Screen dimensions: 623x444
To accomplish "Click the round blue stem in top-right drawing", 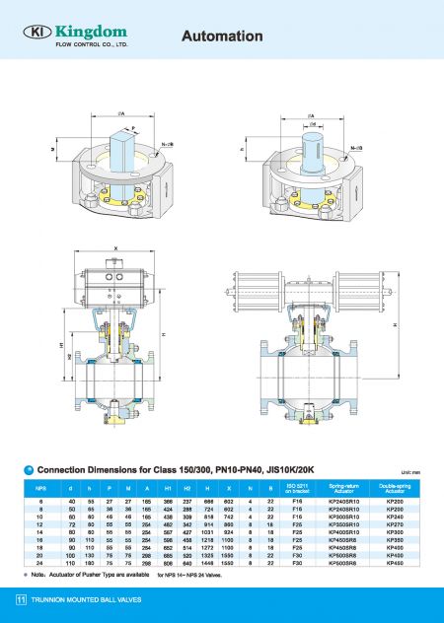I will (315, 141).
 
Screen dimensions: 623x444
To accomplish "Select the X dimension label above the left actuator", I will (116, 248).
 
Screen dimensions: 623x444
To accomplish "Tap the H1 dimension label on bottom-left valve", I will (61, 347).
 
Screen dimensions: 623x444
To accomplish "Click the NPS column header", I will (40, 487).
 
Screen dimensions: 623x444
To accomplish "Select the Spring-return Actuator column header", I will (343, 487).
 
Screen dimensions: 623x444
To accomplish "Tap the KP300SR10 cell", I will (343, 519).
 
